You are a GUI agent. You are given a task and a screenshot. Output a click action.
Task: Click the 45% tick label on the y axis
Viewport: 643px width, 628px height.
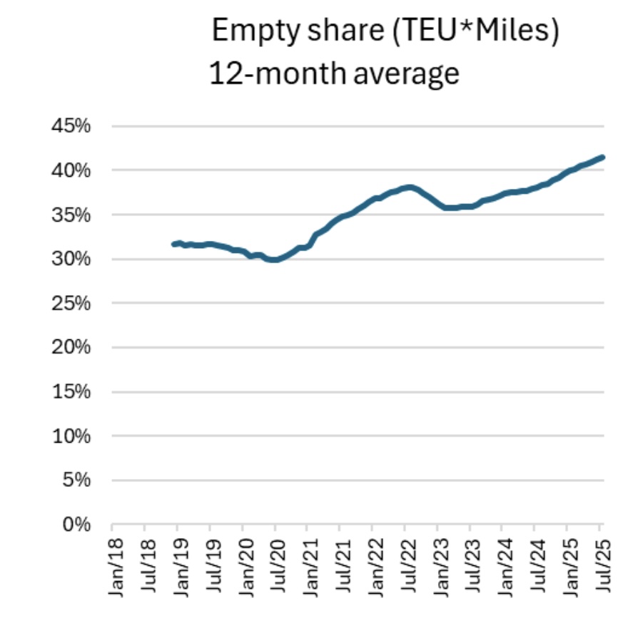(71, 126)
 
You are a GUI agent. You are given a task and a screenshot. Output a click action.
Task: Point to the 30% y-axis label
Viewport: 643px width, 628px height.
(71, 259)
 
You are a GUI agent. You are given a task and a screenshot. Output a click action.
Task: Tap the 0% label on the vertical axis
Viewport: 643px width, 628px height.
(76, 525)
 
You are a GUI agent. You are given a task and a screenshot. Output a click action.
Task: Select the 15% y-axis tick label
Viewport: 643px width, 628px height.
(71, 391)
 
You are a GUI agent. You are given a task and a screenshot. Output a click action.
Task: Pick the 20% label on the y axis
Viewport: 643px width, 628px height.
(71, 347)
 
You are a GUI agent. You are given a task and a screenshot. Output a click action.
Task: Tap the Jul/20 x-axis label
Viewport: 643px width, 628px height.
(274, 567)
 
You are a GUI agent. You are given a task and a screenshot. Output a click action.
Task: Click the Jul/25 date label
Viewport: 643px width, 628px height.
(599, 567)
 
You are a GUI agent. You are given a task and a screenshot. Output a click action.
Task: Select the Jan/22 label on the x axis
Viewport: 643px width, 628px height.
(371, 567)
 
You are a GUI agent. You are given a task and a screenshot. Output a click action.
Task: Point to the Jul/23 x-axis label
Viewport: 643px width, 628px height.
(469, 567)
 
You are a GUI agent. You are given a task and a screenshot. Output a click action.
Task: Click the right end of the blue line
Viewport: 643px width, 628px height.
(603, 158)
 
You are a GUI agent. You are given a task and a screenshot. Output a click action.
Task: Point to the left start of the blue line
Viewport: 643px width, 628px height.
(173, 244)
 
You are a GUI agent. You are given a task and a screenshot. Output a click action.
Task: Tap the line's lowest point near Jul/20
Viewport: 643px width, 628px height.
(273, 260)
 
